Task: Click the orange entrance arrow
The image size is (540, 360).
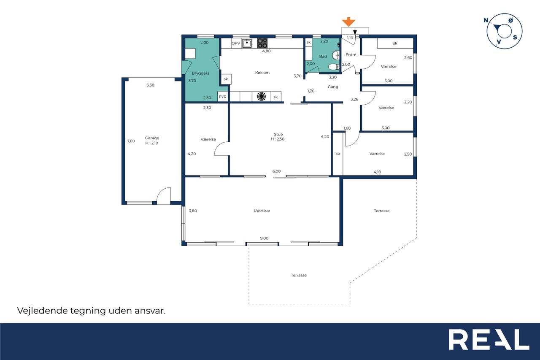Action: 348,22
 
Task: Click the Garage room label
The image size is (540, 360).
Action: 152,138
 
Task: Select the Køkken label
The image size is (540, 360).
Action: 262,73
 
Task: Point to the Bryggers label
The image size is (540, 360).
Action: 200,73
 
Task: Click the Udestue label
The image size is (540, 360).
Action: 262,211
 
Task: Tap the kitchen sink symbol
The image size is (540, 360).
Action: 247,43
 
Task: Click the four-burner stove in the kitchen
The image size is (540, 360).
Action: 262,43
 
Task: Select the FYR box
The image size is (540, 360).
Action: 222,97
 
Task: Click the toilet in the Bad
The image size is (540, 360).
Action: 334,67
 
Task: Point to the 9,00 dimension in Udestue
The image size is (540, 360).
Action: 264,238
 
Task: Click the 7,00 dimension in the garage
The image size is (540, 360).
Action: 131,141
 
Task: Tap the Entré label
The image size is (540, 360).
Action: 351,55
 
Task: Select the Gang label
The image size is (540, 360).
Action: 333,87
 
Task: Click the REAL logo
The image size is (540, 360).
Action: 489,339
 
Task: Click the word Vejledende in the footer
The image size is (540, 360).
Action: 43,311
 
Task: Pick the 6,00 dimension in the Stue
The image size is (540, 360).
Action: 276,171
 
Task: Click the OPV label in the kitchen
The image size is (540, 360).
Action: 236,43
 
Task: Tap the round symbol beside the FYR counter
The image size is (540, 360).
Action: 261,97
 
